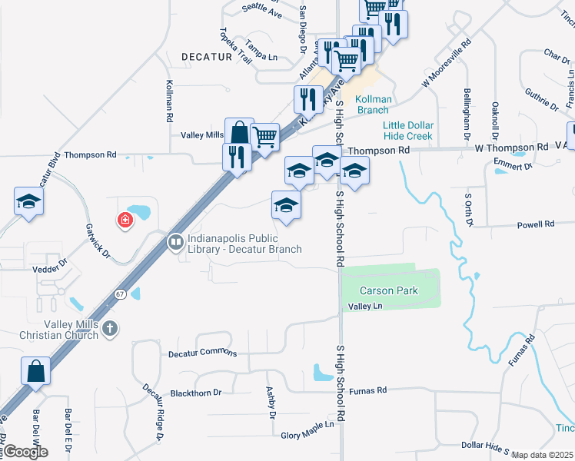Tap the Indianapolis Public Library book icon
176,243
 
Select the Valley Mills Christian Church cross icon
110,329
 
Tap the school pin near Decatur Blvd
29,202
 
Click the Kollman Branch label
374,104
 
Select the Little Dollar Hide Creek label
409,131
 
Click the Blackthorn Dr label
196,392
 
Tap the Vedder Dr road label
52,269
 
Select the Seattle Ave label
261,9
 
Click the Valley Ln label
365,307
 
